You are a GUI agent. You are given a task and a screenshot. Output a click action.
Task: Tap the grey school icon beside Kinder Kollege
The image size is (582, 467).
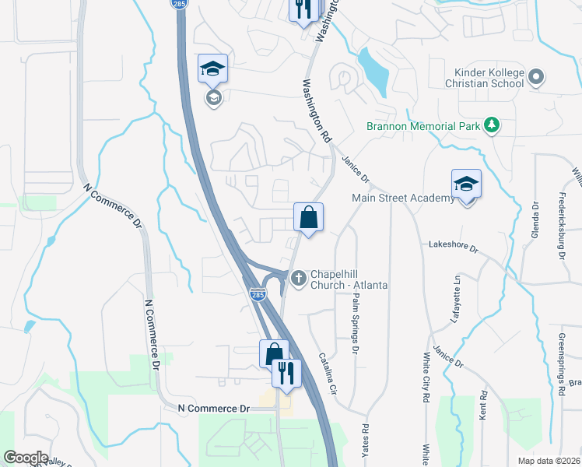535,77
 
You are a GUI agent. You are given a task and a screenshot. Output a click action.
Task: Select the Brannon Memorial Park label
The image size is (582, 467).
424,125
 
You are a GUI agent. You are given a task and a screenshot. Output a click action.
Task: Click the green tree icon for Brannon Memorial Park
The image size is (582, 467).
491,125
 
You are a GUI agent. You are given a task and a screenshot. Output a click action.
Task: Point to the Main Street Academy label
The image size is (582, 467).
403,198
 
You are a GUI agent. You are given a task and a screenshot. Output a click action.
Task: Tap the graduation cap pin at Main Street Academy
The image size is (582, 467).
466,185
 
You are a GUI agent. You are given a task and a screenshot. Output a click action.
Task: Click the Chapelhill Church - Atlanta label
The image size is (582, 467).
349,279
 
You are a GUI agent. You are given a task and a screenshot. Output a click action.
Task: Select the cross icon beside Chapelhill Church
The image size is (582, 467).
298,277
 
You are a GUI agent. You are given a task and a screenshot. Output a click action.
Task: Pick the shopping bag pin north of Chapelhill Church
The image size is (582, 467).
309,218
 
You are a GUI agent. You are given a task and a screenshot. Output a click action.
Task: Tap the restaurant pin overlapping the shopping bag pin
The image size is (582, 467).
286,374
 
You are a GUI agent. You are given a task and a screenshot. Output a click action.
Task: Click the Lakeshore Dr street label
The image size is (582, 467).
453,244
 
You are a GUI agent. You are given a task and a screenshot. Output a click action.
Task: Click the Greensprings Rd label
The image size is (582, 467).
560,364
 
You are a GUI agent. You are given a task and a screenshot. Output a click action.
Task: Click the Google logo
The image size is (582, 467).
25,458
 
